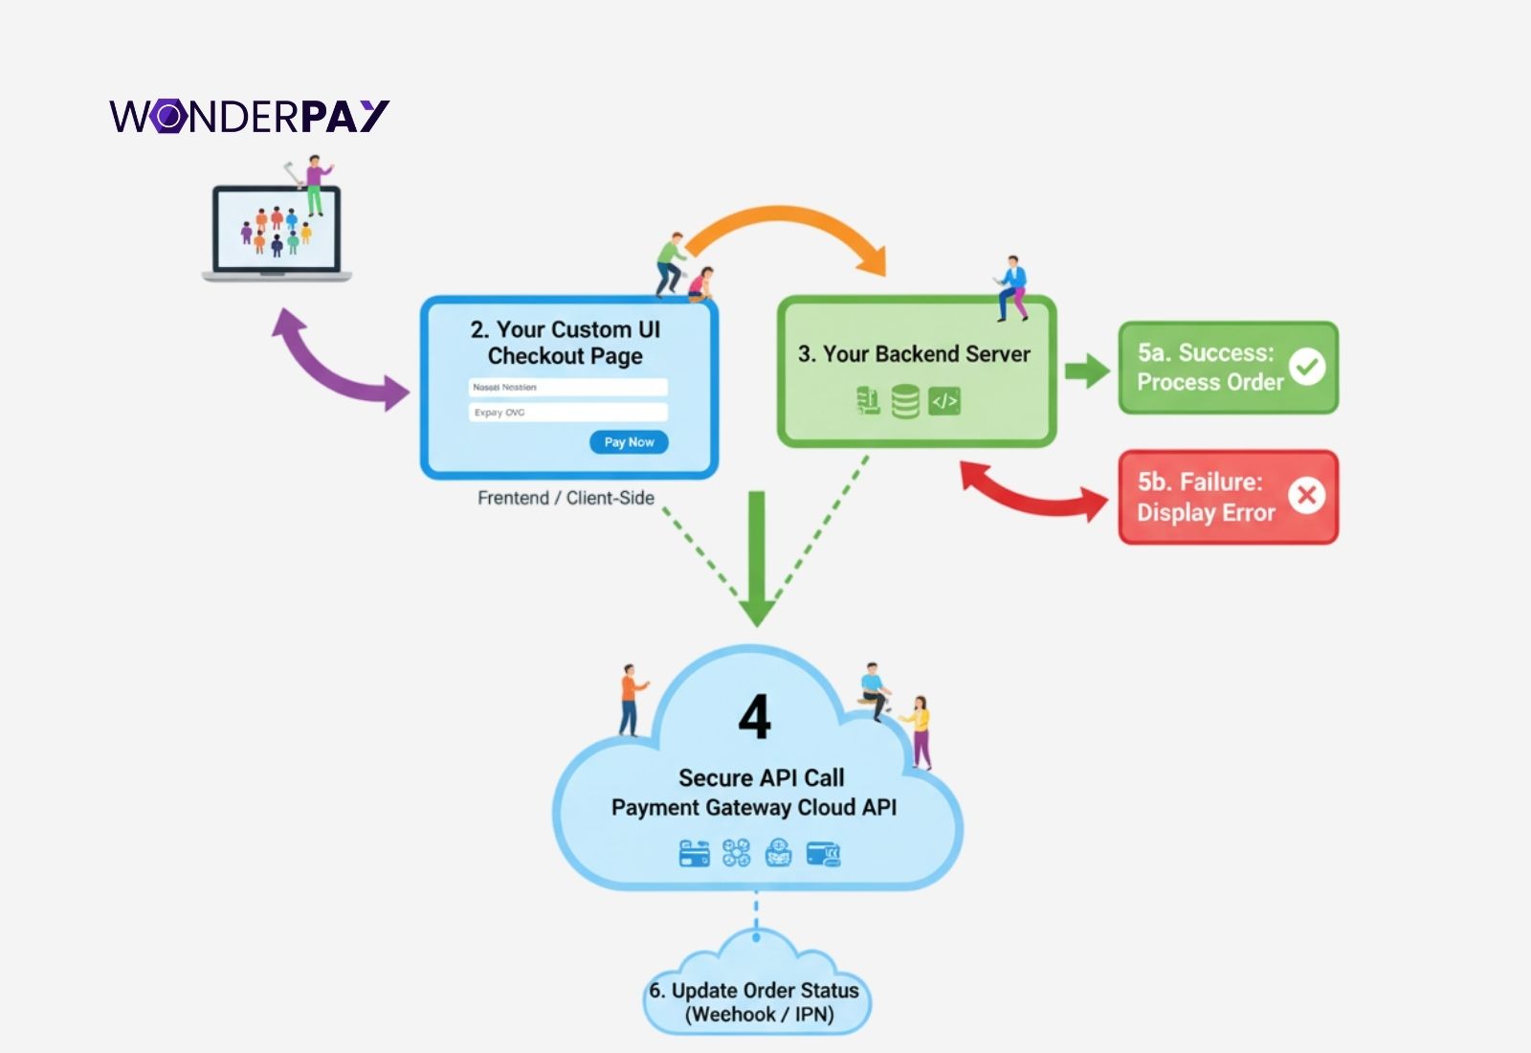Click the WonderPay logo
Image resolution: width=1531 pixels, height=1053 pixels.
pyautogui.click(x=249, y=116)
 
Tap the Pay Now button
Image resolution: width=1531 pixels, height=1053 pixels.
pyautogui.click(x=629, y=442)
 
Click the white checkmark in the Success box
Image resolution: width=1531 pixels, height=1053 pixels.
pyautogui.click(x=1306, y=366)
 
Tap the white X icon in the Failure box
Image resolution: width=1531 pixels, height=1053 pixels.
pyautogui.click(x=1306, y=495)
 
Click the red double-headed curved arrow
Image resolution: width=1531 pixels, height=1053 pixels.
pyautogui.click(x=1033, y=493)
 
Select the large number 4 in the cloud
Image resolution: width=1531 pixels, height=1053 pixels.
pyautogui.click(x=755, y=717)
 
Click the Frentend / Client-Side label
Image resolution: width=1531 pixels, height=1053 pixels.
pyautogui.click(x=566, y=498)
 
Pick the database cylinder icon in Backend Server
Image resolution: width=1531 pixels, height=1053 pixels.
pyautogui.click(x=904, y=401)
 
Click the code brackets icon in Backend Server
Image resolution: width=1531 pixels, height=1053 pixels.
pyautogui.click(x=944, y=401)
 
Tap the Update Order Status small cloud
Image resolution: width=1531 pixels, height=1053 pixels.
pyautogui.click(x=756, y=996)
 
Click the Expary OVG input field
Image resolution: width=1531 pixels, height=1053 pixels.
pyautogui.click(x=567, y=413)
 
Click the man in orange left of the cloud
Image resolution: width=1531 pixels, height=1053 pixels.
pyautogui.click(x=630, y=699)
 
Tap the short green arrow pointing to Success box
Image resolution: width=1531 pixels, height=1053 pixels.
pyautogui.click(x=1086, y=370)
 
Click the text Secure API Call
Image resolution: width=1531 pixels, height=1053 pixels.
pyautogui.click(x=761, y=777)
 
